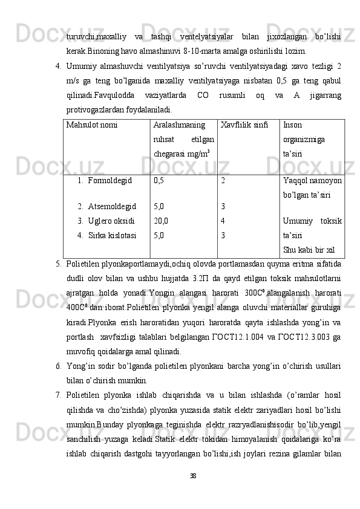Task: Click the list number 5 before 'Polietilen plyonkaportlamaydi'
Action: click(56, 264)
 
